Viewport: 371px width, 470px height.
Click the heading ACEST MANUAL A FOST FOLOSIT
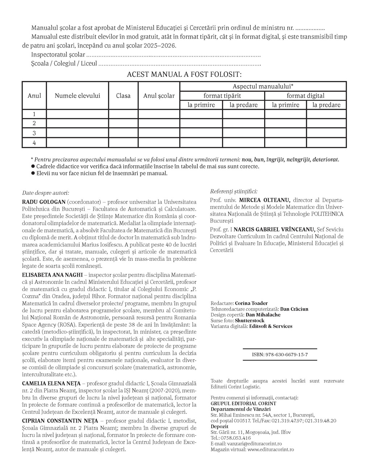click(x=184, y=75)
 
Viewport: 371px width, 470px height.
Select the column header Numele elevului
click(x=77, y=96)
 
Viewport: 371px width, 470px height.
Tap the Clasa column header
click(x=123, y=96)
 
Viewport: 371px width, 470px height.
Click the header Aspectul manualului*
click(x=263, y=87)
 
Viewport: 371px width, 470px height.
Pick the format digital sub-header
click(x=305, y=96)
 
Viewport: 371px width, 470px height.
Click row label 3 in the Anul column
click(x=34, y=133)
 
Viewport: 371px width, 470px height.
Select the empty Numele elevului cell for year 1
click(x=77, y=114)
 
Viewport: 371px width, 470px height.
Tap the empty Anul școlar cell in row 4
click(x=159, y=143)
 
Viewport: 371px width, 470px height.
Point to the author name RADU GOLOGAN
click(x=44, y=202)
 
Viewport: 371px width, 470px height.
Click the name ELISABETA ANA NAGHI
click(x=53, y=275)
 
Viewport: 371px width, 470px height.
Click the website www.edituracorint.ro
click(x=271, y=449)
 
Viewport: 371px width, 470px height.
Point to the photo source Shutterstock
click(x=249, y=320)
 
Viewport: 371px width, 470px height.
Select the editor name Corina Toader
click(x=251, y=303)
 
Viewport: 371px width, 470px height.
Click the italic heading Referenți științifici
click(x=234, y=192)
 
